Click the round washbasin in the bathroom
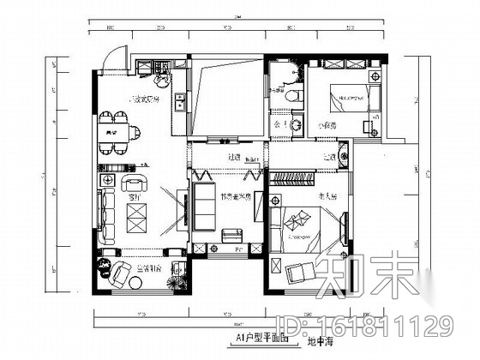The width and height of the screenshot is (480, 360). [297, 126]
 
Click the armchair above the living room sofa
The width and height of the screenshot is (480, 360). [135, 182]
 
